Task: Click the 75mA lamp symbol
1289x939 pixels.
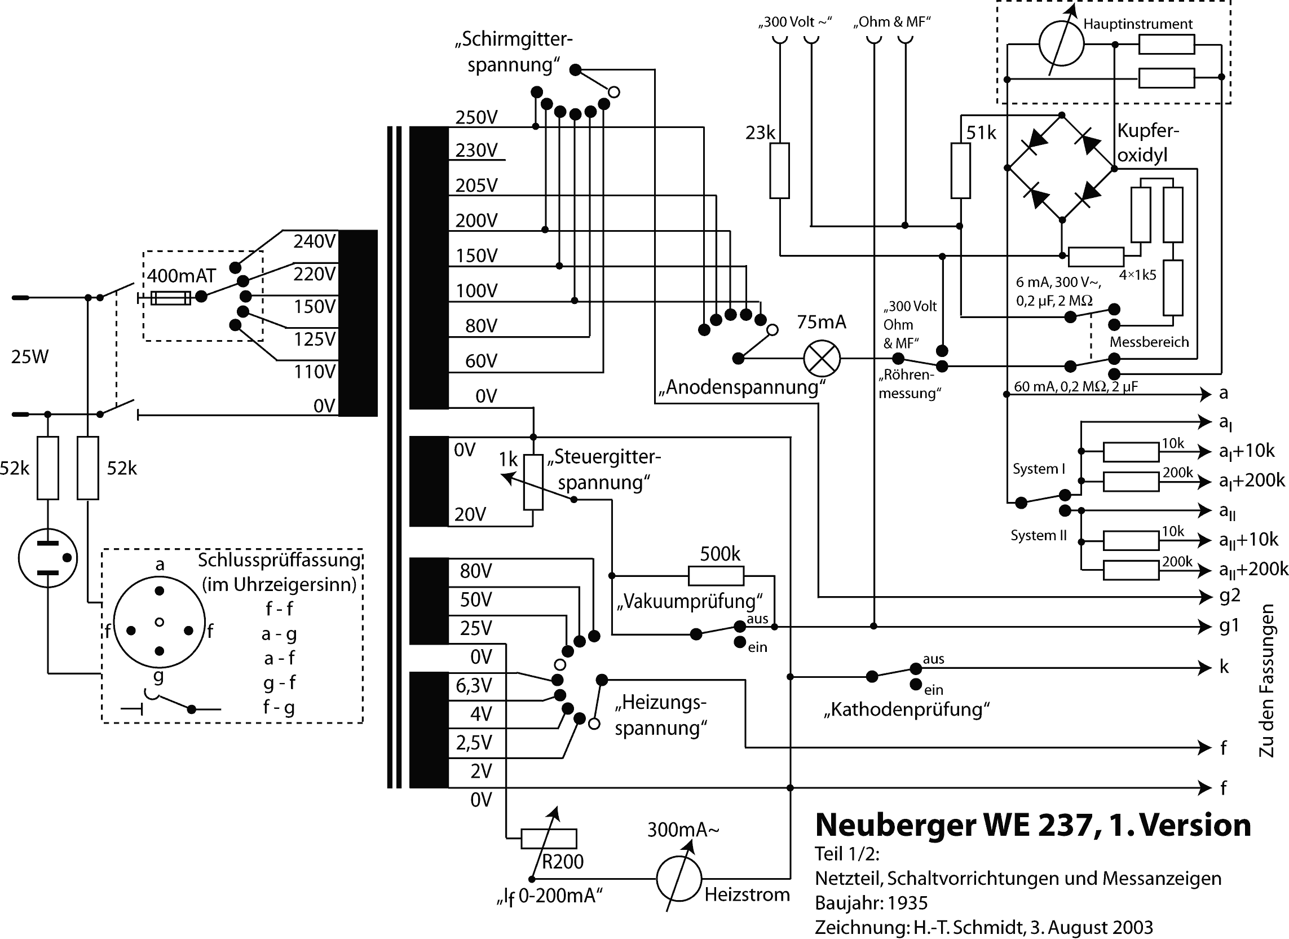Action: [x=821, y=359]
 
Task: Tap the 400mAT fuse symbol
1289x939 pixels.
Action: [x=170, y=297]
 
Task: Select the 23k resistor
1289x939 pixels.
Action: [x=779, y=170]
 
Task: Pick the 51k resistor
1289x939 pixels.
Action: [x=960, y=170]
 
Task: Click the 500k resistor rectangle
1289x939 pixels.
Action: [x=716, y=576]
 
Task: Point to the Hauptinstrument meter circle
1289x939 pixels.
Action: [x=1061, y=43]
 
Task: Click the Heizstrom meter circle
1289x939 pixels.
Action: [x=678, y=879]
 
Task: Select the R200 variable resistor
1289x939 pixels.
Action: [x=549, y=839]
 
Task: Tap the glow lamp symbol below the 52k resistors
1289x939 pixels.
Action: [x=48, y=558]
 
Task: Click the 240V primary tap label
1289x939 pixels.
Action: [x=315, y=241]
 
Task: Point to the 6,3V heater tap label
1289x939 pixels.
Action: [x=474, y=685]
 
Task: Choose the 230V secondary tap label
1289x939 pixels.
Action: [x=476, y=151]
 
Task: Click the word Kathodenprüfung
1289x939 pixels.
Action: [x=907, y=709]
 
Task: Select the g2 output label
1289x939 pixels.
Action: [x=1230, y=596]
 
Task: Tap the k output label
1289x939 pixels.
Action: [x=1224, y=667]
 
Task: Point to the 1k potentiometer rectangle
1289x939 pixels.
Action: [x=533, y=483]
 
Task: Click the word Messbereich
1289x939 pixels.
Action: [x=1149, y=342]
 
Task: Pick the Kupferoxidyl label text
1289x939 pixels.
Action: [x=1147, y=143]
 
